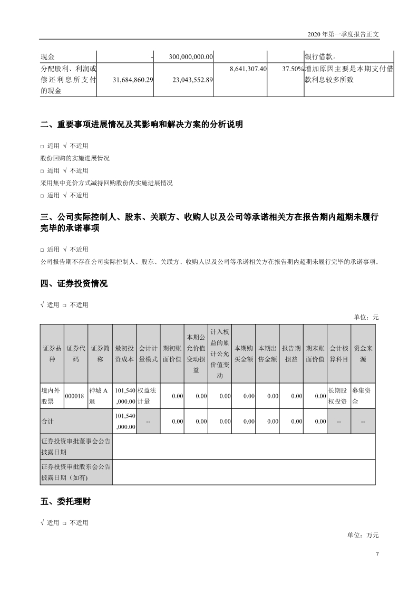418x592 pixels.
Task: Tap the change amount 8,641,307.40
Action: pos(249,69)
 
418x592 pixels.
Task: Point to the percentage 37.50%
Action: pos(293,69)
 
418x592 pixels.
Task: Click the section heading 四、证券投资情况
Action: pos(74,284)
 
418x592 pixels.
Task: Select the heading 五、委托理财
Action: pos(65,502)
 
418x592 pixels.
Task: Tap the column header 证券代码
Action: pos(75,354)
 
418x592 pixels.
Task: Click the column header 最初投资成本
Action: pos(124,354)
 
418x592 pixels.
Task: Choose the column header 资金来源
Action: pos(363,354)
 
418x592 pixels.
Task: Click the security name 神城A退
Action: pos(99,396)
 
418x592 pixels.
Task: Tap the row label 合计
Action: pos(48,421)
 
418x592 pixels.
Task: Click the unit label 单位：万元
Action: pos(363,535)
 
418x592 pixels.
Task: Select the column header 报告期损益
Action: pos(291,354)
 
